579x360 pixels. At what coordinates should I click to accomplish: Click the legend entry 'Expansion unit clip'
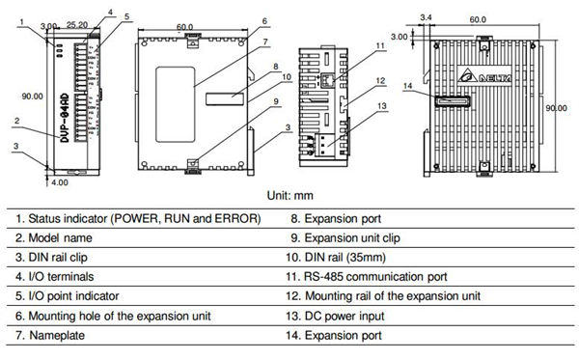pos(353,237)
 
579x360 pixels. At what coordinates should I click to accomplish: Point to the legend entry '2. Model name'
pos(57,237)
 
